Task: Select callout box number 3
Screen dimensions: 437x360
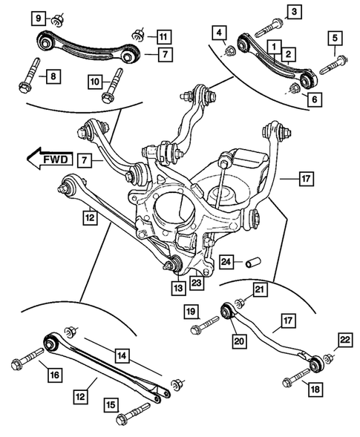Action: [x=295, y=11]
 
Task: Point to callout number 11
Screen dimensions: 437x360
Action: [x=163, y=35]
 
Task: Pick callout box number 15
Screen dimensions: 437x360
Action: [x=111, y=405]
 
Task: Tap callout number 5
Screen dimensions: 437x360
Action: [x=336, y=38]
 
